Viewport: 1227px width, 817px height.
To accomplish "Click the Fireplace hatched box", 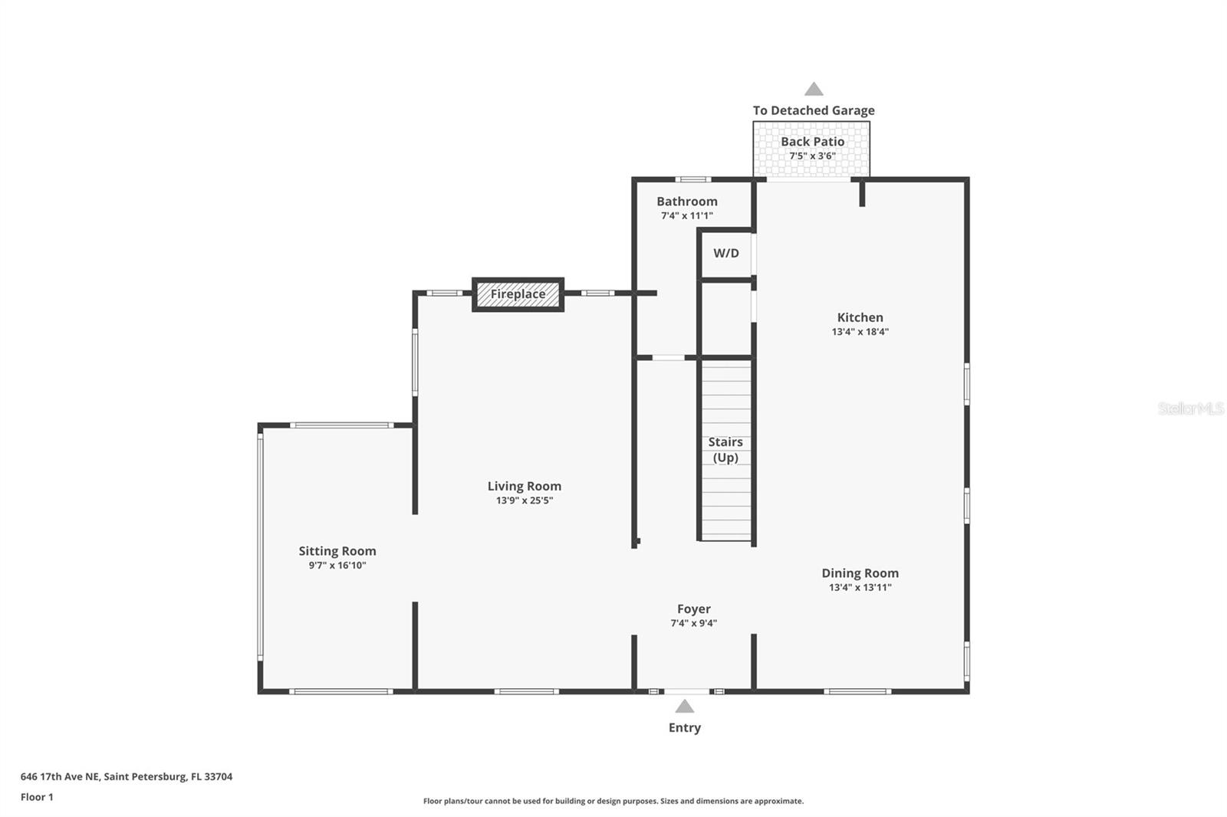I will (x=518, y=294).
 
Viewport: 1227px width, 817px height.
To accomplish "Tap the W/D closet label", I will (x=725, y=253).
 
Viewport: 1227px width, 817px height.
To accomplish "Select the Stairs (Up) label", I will (x=725, y=450).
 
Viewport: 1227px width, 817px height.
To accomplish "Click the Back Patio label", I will (x=812, y=142).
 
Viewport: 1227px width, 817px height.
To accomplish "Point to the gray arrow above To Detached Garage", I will (x=814, y=89).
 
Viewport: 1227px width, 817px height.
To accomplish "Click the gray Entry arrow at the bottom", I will (x=684, y=707).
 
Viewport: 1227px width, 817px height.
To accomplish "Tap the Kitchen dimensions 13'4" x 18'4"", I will (x=860, y=332).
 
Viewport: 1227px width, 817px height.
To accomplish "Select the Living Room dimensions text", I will (x=524, y=500).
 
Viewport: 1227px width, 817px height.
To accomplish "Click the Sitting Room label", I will (x=337, y=551).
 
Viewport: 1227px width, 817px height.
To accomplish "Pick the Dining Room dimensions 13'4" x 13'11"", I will (x=860, y=588).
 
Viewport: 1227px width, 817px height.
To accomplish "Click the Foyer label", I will (x=693, y=609).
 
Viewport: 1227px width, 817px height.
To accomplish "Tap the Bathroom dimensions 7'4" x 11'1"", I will (x=686, y=216).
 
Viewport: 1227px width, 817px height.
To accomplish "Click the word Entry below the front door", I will (x=684, y=728).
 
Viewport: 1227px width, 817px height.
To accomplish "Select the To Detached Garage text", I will (x=814, y=110).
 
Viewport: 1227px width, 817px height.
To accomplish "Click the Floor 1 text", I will (x=37, y=797).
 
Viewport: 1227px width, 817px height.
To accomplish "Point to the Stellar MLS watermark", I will (x=1190, y=408).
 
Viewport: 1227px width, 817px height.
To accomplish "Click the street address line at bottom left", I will (x=127, y=776).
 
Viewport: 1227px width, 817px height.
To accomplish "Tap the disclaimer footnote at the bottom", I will (x=613, y=801).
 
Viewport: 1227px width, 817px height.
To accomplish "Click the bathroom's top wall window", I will (x=692, y=179).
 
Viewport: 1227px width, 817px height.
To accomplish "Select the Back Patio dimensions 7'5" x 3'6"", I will (x=812, y=156).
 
